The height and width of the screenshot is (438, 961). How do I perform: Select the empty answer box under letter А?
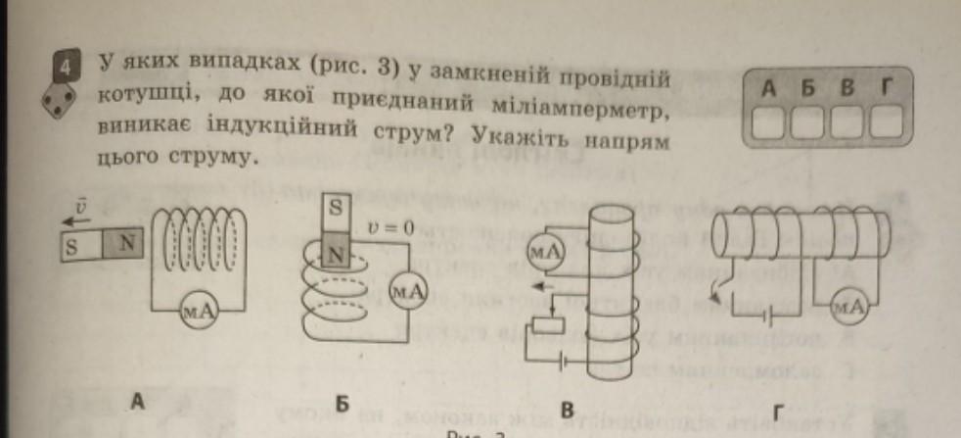[768, 122]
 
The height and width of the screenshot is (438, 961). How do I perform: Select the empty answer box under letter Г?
[886, 122]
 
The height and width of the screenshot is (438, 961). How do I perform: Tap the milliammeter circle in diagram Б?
[404, 290]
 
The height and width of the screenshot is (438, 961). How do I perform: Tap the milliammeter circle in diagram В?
[545, 251]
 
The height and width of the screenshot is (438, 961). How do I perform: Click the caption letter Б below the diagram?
[342, 403]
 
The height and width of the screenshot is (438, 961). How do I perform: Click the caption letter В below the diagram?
[565, 411]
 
